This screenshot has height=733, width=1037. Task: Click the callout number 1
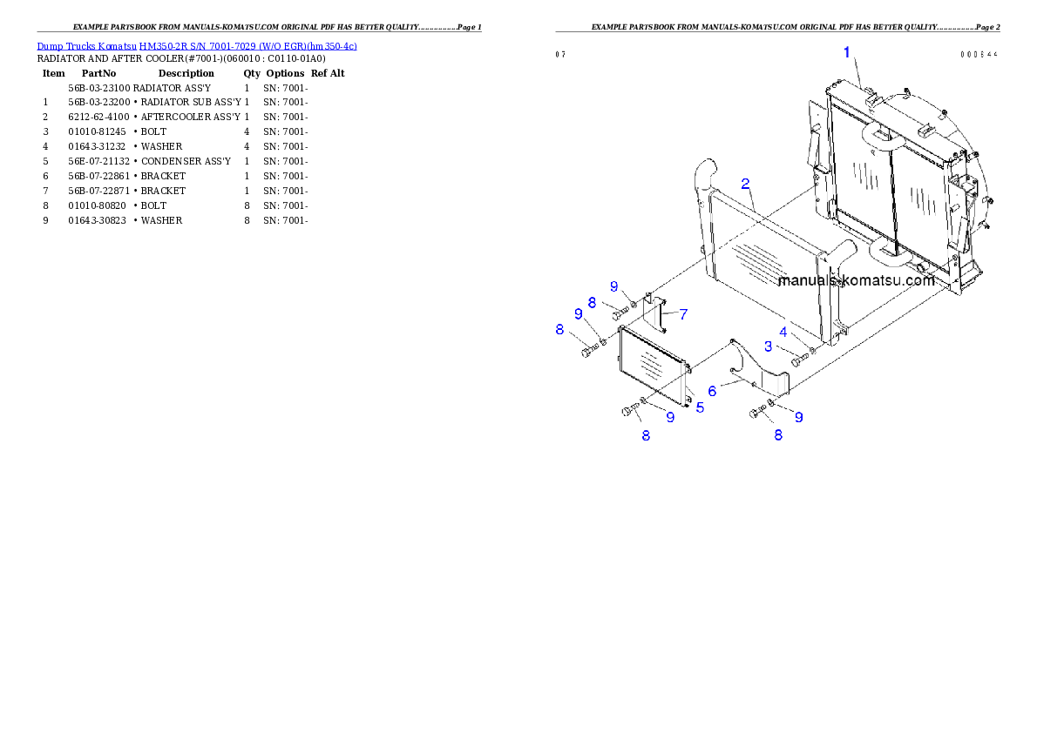(x=846, y=52)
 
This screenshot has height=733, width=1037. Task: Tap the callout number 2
(x=746, y=184)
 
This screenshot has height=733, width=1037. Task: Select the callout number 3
(x=768, y=346)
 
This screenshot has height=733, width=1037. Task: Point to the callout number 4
(x=783, y=333)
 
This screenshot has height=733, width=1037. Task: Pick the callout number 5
(x=700, y=407)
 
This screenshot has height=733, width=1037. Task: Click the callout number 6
(x=712, y=392)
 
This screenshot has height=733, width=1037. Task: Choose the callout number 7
(x=683, y=313)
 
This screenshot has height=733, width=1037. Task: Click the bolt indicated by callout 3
(x=799, y=360)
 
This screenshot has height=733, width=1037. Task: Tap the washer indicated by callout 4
(x=813, y=352)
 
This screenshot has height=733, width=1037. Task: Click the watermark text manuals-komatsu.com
(x=856, y=280)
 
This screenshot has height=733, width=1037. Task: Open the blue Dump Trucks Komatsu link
(x=197, y=46)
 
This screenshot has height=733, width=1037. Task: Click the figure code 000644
(x=979, y=54)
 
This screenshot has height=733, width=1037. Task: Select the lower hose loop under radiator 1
(x=890, y=254)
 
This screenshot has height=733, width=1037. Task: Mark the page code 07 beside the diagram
(x=560, y=54)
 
